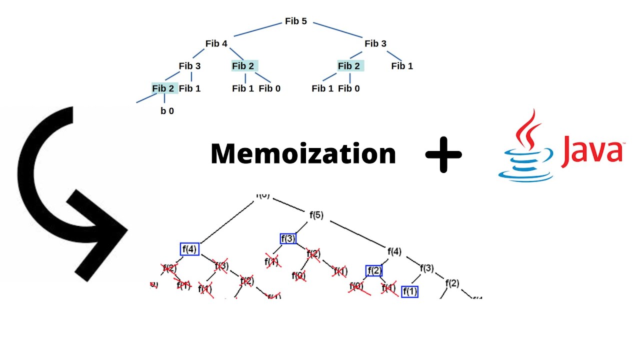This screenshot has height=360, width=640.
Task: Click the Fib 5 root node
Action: (295, 21)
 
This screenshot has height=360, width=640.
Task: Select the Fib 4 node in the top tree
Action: (216, 43)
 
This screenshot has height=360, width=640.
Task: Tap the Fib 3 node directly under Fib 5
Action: (375, 43)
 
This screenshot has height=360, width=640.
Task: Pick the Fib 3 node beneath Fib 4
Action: (189, 66)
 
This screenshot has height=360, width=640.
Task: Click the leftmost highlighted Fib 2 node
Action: (163, 88)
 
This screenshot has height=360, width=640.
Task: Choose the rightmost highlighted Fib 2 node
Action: (349, 66)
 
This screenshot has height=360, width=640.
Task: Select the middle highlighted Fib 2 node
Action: (243, 66)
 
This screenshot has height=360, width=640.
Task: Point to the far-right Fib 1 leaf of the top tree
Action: (402, 66)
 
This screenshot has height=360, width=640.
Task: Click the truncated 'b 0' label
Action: (167, 111)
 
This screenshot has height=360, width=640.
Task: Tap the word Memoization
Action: (303, 153)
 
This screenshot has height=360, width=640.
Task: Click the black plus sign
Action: (443, 154)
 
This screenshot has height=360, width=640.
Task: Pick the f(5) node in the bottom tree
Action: (316, 215)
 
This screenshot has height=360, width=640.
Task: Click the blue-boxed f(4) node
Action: (189, 249)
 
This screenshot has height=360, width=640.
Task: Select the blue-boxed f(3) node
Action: (288, 238)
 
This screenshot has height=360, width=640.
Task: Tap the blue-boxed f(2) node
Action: (374, 271)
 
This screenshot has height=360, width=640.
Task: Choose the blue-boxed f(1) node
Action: (409, 291)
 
